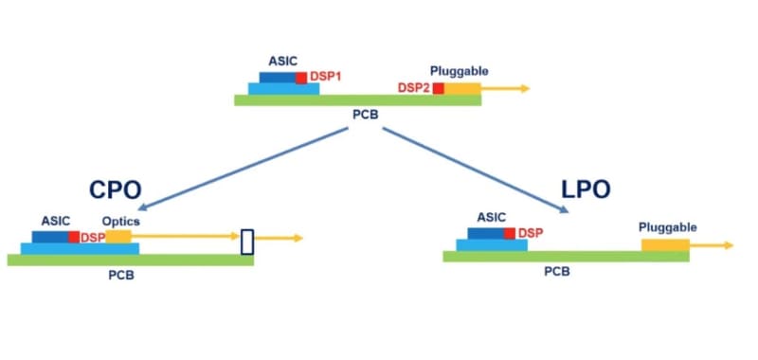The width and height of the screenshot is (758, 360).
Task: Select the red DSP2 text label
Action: tap(414, 88)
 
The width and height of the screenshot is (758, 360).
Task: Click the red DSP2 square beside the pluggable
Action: tap(439, 88)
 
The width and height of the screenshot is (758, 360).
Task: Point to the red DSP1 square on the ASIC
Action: tap(301, 77)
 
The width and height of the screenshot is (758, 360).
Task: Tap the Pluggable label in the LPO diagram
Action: tap(668, 227)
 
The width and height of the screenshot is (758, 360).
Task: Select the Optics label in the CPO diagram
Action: tap(121, 221)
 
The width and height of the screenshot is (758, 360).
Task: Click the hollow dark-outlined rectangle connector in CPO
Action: tap(247, 242)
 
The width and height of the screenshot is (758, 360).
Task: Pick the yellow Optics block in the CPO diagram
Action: tap(118, 236)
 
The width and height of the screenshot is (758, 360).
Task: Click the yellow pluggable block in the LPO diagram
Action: tap(665, 244)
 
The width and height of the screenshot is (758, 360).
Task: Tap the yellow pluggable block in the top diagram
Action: tap(463, 88)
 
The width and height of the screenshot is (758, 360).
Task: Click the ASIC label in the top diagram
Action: tap(280, 61)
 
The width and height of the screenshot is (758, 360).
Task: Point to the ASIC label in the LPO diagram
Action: tap(491, 217)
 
